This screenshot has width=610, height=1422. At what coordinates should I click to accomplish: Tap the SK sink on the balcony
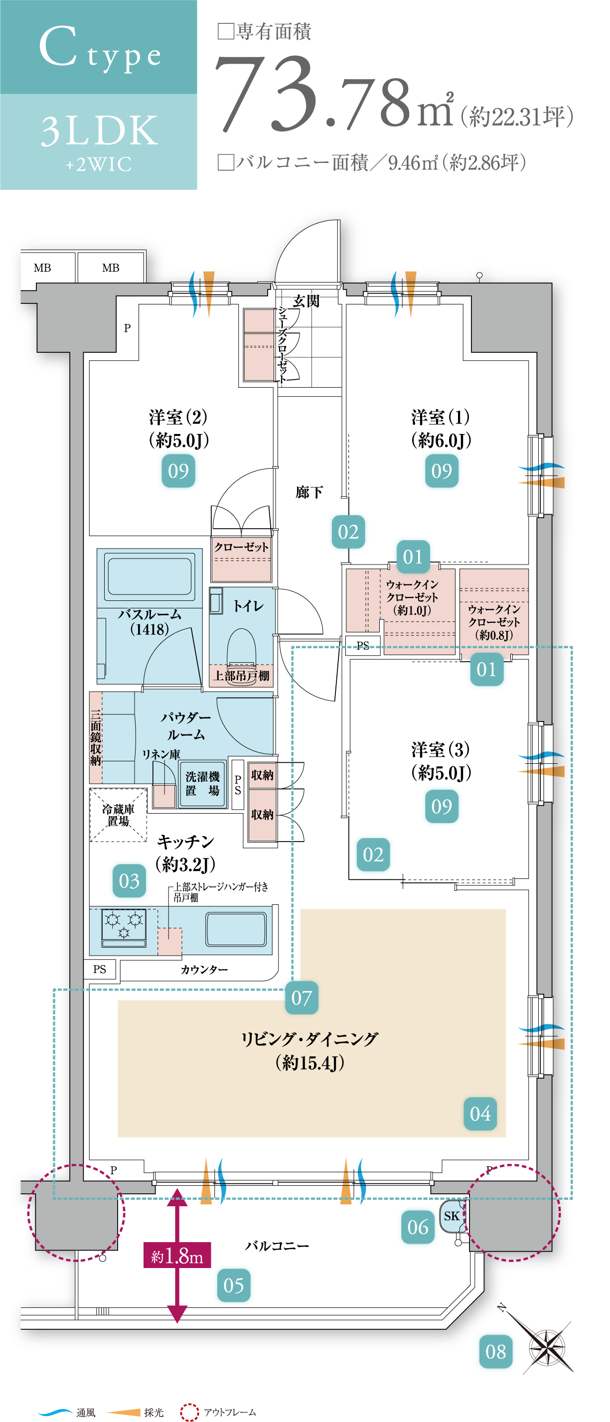click(452, 1217)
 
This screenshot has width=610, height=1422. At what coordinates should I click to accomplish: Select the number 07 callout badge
click(302, 997)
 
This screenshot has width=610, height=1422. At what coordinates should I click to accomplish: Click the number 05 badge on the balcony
click(234, 1285)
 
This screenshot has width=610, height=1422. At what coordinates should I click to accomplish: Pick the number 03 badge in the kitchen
click(129, 880)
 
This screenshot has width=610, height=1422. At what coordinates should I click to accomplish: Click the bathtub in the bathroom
click(150, 576)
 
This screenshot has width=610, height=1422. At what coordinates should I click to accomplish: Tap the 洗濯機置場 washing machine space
click(202, 783)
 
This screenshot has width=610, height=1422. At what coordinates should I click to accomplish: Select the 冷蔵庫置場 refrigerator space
click(118, 815)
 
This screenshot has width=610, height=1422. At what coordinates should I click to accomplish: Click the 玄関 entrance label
click(306, 301)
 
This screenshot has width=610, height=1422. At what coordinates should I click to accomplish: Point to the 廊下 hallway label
click(309, 492)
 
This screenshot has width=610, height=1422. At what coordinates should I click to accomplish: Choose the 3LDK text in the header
click(99, 132)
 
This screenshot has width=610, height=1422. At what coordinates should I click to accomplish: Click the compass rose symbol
click(547, 1347)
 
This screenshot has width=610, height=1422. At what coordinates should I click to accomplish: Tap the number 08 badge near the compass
click(496, 1351)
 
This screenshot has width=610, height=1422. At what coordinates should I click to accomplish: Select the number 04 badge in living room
click(480, 1114)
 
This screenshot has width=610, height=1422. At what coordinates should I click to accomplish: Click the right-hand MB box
click(111, 268)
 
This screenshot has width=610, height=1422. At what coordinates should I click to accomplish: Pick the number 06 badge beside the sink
click(418, 1227)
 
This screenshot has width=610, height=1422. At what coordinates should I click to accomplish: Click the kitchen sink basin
click(236, 929)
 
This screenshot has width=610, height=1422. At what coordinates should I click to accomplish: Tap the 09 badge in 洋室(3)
click(442, 807)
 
